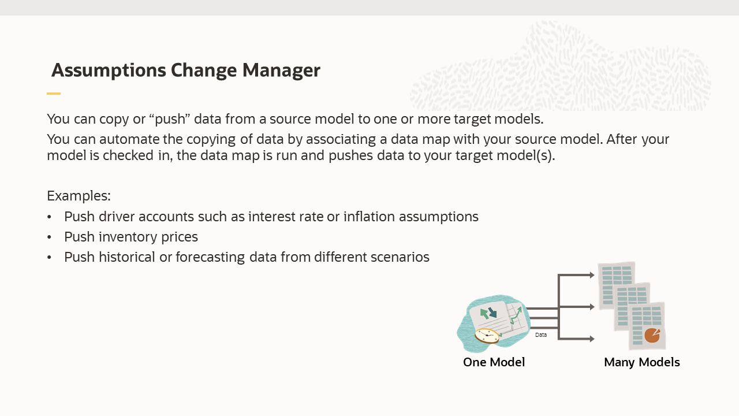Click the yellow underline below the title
[x=54, y=94]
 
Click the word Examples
[x=79, y=195]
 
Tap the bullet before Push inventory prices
[x=50, y=237]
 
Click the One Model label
[x=494, y=362]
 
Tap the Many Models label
[x=641, y=362]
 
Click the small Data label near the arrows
[x=540, y=335]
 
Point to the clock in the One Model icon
[x=487, y=335]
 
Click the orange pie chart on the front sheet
[x=652, y=335]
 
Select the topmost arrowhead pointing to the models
[x=592, y=275]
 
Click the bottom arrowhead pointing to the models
[x=592, y=339]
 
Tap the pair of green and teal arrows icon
[x=488, y=313]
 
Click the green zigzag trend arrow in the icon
[x=515, y=315]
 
